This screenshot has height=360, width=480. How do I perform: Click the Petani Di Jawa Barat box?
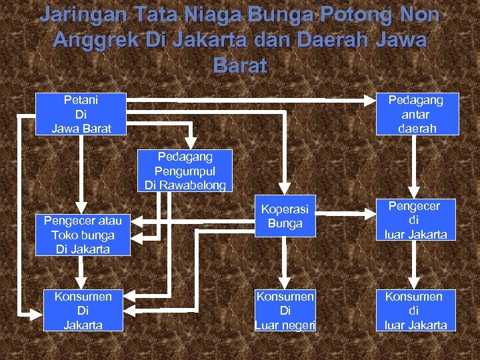[81, 113]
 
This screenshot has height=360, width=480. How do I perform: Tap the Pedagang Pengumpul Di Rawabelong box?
[185, 171]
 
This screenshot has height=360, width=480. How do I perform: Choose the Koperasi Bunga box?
[285, 216]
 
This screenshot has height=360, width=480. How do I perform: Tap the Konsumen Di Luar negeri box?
[285, 310]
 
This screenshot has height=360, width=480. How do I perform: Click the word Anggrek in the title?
[88, 39]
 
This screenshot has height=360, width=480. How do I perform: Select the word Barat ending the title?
[240, 65]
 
